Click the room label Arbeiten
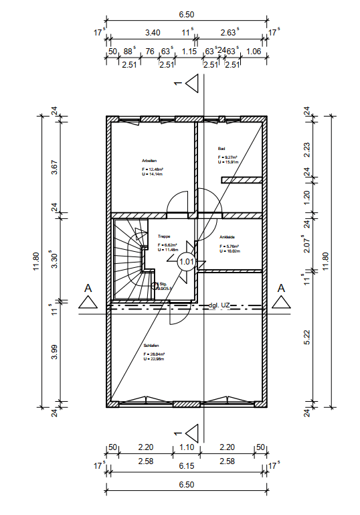pos(149,160)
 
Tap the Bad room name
pos(221,148)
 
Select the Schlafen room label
pos(150,346)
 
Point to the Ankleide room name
pos(228,237)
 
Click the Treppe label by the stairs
pos(164,236)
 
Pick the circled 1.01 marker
pos(187,263)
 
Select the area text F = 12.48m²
pos(153,169)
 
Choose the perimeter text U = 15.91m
pos(229,162)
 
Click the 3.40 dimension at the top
pos(153,32)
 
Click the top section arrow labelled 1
pos(193,84)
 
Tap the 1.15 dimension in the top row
pos(189,51)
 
